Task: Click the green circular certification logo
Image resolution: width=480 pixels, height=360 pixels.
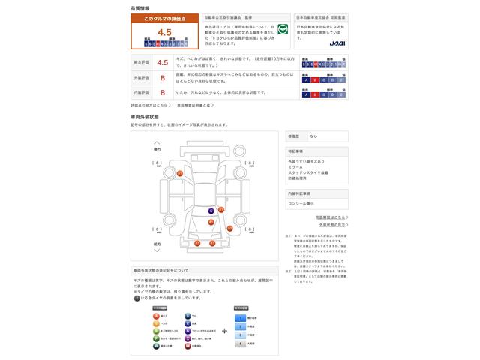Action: click(283, 31)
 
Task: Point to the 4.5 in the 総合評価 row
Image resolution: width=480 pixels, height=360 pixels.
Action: click(162, 63)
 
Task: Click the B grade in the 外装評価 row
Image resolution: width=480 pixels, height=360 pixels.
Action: click(162, 77)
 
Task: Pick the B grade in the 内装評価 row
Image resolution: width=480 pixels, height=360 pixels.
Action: click(162, 92)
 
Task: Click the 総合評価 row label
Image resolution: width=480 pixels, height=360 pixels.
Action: click(141, 63)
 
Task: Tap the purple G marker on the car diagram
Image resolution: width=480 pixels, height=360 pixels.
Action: click(211, 211)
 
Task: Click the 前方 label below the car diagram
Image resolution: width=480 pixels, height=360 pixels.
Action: click(157, 244)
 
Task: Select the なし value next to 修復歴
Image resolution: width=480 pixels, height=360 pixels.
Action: click(314, 136)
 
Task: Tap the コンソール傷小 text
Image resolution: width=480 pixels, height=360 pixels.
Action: click(301, 203)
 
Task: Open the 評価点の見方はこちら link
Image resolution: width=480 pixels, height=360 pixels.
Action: click(149, 106)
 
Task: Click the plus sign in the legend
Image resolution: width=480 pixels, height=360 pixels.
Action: click(224, 331)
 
